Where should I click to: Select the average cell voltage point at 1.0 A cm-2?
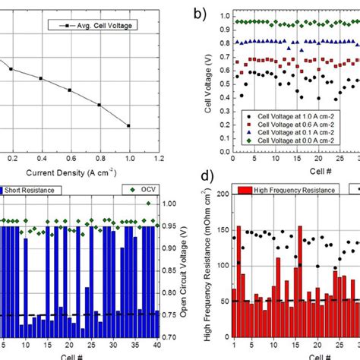click(128, 126)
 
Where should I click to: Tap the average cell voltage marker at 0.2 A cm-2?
click(11, 68)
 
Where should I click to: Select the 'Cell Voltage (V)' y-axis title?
click(209, 84)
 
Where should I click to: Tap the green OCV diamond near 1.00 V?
click(149, 203)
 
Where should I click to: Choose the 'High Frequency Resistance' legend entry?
click(281, 189)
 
